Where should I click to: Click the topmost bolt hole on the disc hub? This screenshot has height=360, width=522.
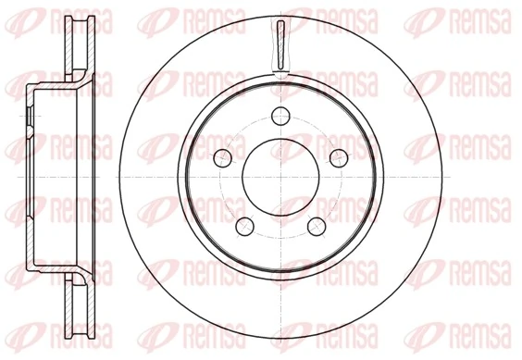tap(279, 116)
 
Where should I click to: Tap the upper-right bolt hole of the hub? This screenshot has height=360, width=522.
tap(338, 155)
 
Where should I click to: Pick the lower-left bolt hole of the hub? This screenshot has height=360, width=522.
tap(243, 224)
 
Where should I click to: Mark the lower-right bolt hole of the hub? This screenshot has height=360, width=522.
tap(315, 224)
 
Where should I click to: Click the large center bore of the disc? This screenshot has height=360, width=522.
tap(279, 175)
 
